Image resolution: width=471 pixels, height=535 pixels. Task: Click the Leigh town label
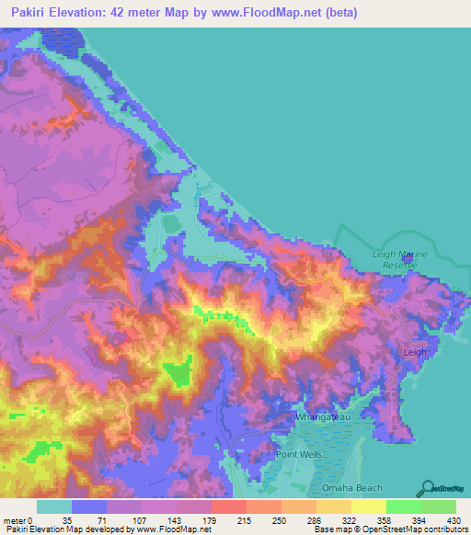[416, 352]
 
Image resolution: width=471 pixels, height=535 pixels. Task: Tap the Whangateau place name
[321, 417]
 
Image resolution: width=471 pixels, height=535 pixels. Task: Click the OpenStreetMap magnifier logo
[428, 489]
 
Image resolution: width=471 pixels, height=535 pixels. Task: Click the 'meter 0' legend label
[17, 519]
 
